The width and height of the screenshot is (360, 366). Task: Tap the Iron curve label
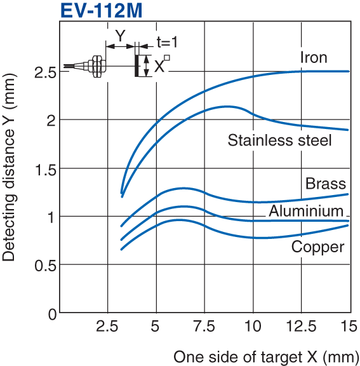pos(314,58)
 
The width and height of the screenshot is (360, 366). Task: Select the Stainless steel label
pos(279,140)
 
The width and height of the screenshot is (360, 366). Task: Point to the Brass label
pos(326,184)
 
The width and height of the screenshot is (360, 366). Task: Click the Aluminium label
pos(305,211)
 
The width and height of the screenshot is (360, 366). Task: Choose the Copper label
pos(317,247)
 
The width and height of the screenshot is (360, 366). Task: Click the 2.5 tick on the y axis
pos(44,72)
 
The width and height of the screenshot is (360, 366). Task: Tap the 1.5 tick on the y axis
pos(44,170)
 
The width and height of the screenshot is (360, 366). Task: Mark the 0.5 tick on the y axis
pos(44,266)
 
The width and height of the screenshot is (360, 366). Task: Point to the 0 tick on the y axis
pos(51,314)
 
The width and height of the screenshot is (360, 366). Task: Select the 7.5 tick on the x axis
pos(203,327)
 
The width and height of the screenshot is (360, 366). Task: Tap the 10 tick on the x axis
pos(253,327)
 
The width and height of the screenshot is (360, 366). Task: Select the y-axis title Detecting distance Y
pos(9,175)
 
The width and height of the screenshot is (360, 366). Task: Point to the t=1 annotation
pos(167,42)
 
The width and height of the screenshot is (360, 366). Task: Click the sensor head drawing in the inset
pos(95,66)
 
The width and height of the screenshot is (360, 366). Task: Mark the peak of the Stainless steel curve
pos(227,106)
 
